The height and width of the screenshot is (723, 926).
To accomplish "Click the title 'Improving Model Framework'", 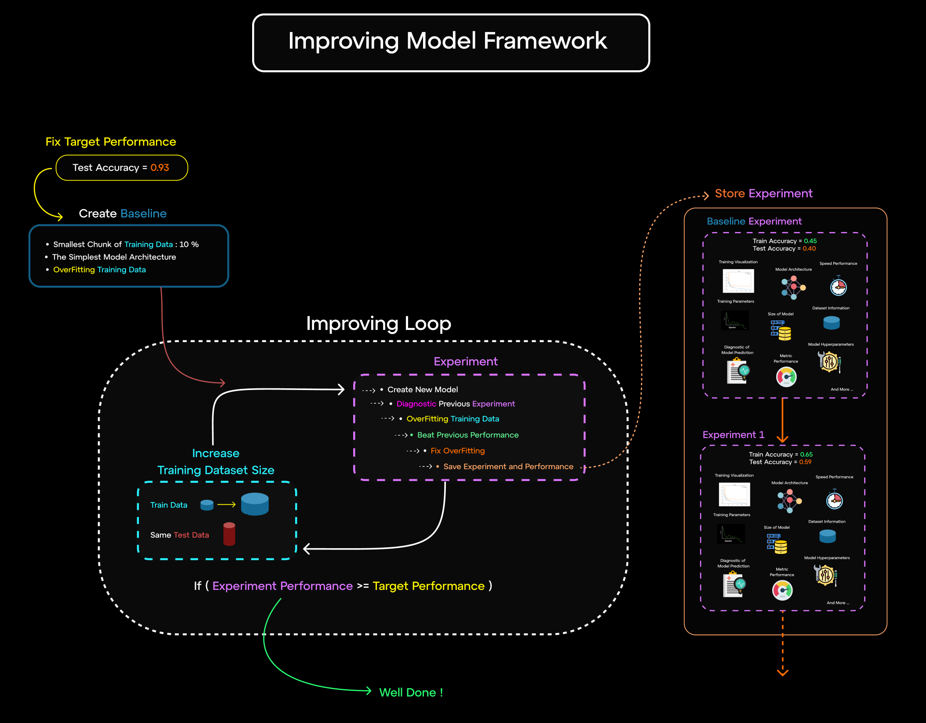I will click(448, 41).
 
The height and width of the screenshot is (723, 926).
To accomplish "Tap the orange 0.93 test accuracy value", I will click(159, 168).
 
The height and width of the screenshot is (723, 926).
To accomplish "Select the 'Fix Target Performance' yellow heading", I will click(111, 142).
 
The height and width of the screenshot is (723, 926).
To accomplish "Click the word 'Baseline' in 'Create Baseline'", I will click(144, 213).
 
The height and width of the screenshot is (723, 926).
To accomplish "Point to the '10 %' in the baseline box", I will click(189, 244).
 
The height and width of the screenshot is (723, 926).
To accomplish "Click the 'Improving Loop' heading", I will click(378, 323).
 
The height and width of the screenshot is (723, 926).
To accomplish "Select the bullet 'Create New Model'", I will click(422, 390).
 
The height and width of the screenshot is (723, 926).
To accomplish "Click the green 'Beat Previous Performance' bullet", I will click(467, 435).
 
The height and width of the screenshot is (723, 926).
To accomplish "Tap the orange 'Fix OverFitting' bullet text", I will click(457, 451).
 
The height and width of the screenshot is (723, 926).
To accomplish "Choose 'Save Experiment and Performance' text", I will click(508, 466).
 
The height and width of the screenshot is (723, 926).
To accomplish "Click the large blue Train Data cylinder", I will click(255, 504).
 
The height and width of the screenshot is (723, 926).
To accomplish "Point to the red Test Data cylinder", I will click(229, 534).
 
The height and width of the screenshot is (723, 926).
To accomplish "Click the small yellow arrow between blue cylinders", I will click(226, 505).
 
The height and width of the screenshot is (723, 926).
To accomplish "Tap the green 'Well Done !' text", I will click(411, 693).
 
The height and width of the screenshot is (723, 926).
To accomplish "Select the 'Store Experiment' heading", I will click(763, 194).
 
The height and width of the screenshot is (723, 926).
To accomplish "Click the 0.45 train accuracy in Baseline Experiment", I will click(810, 241).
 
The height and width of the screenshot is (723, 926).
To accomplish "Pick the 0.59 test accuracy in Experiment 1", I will click(805, 462).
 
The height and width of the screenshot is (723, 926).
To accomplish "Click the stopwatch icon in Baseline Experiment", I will click(838, 286).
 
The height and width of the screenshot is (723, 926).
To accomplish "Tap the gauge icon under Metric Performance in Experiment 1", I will click(782, 590).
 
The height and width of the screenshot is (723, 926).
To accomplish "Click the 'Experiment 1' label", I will click(733, 435).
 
